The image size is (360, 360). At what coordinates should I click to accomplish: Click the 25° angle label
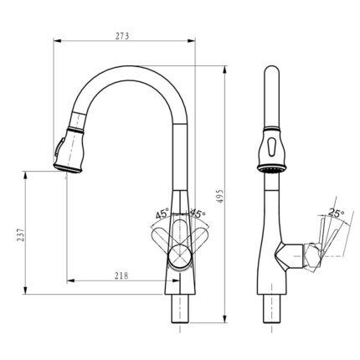click(336, 214)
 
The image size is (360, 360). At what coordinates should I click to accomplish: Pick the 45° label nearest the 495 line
click(199, 213)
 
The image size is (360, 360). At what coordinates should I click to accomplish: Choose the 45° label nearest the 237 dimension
click(162, 213)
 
